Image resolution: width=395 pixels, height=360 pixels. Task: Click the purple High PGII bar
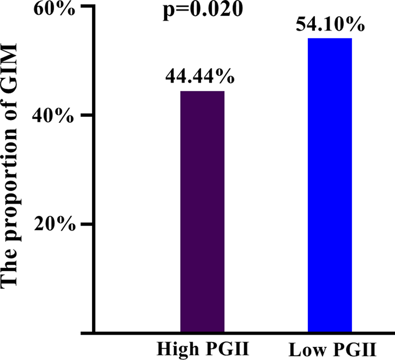click(x=202, y=212)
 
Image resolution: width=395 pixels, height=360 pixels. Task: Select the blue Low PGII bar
click(x=330, y=185)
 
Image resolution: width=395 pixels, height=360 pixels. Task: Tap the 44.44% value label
click(x=200, y=77)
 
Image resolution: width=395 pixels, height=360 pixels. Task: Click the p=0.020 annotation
click(x=199, y=10)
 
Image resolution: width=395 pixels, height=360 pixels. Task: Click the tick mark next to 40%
click(x=87, y=115)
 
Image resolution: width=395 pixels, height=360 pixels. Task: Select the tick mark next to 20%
click(x=87, y=224)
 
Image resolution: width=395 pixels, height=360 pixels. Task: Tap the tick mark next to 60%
click(x=87, y=7)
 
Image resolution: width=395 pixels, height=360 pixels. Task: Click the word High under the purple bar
click(x=174, y=350)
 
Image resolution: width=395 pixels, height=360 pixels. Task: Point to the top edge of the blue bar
click(x=330, y=39)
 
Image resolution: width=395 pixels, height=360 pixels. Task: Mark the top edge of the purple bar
click(x=202, y=91)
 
